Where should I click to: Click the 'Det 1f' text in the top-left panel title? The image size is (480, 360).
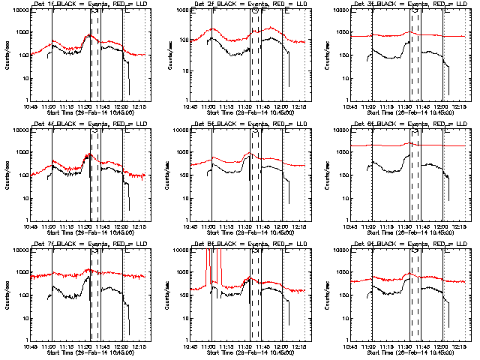(40, 4)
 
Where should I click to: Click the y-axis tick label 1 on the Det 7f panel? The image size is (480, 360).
(25, 340)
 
